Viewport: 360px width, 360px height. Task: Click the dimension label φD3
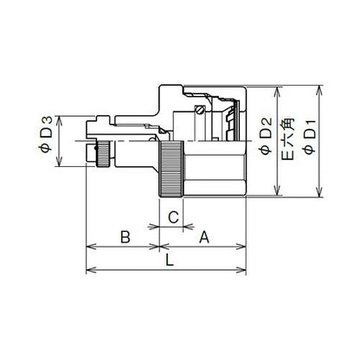(45, 134)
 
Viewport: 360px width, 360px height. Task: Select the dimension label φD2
(266, 135)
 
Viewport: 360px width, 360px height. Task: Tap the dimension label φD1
(310, 137)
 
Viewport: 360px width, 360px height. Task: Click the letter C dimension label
(173, 217)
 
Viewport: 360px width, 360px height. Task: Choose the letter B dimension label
(125, 237)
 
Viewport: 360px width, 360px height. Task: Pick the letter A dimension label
(204, 237)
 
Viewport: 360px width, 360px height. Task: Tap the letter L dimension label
(170, 260)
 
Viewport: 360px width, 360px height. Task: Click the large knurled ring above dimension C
(171, 170)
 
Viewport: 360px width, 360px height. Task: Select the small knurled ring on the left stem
(103, 154)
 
